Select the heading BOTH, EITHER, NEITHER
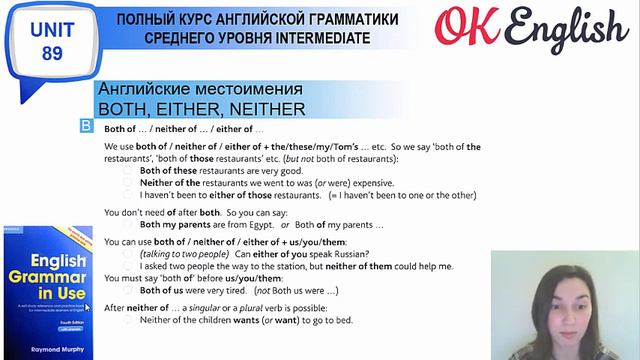(200, 108)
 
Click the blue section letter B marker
(86, 127)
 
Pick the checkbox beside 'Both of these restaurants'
(128, 171)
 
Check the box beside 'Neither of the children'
(128, 320)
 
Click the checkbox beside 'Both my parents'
(128, 225)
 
